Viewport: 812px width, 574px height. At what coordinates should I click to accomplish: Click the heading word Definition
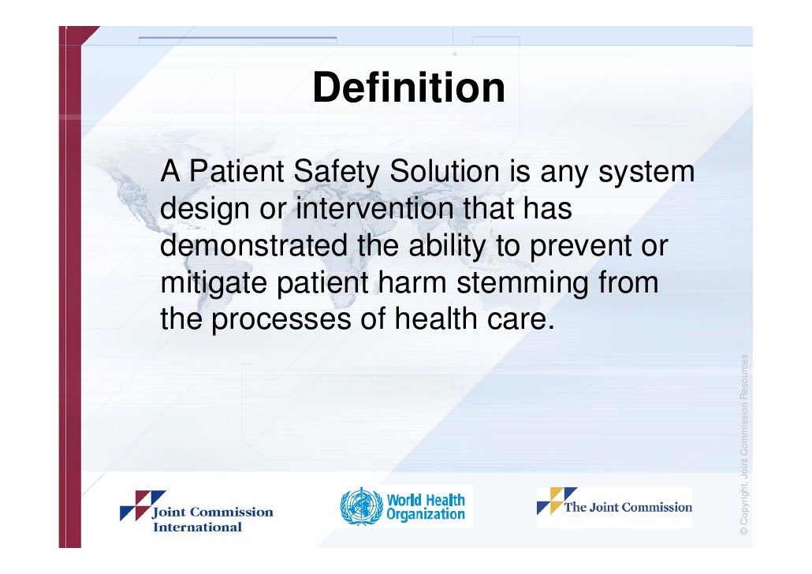[408, 88]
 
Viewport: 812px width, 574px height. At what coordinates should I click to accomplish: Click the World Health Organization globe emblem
[361, 506]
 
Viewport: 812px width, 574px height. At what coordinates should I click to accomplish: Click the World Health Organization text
[426, 507]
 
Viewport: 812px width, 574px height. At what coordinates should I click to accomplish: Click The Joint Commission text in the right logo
[628, 507]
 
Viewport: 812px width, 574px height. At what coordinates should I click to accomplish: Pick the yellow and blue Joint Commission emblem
[557, 500]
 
